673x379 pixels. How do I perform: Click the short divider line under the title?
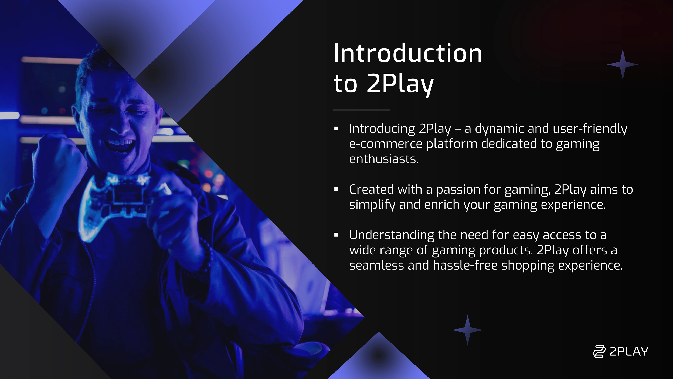[x=361, y=110]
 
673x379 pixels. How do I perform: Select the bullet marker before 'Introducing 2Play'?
[x=336, y=128]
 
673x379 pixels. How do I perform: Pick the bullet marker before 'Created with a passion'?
[x=336, y=189]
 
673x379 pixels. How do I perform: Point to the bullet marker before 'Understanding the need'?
[x=336, y=235]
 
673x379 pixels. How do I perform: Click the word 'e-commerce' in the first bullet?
[x=386, y=144]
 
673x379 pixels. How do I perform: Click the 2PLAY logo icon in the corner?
[x=599, y=351]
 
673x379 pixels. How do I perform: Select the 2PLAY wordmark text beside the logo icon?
[x=629, y=351]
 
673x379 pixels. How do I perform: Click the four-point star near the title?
[x=623, y=64]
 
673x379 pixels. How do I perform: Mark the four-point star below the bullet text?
[x=467, y=330]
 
